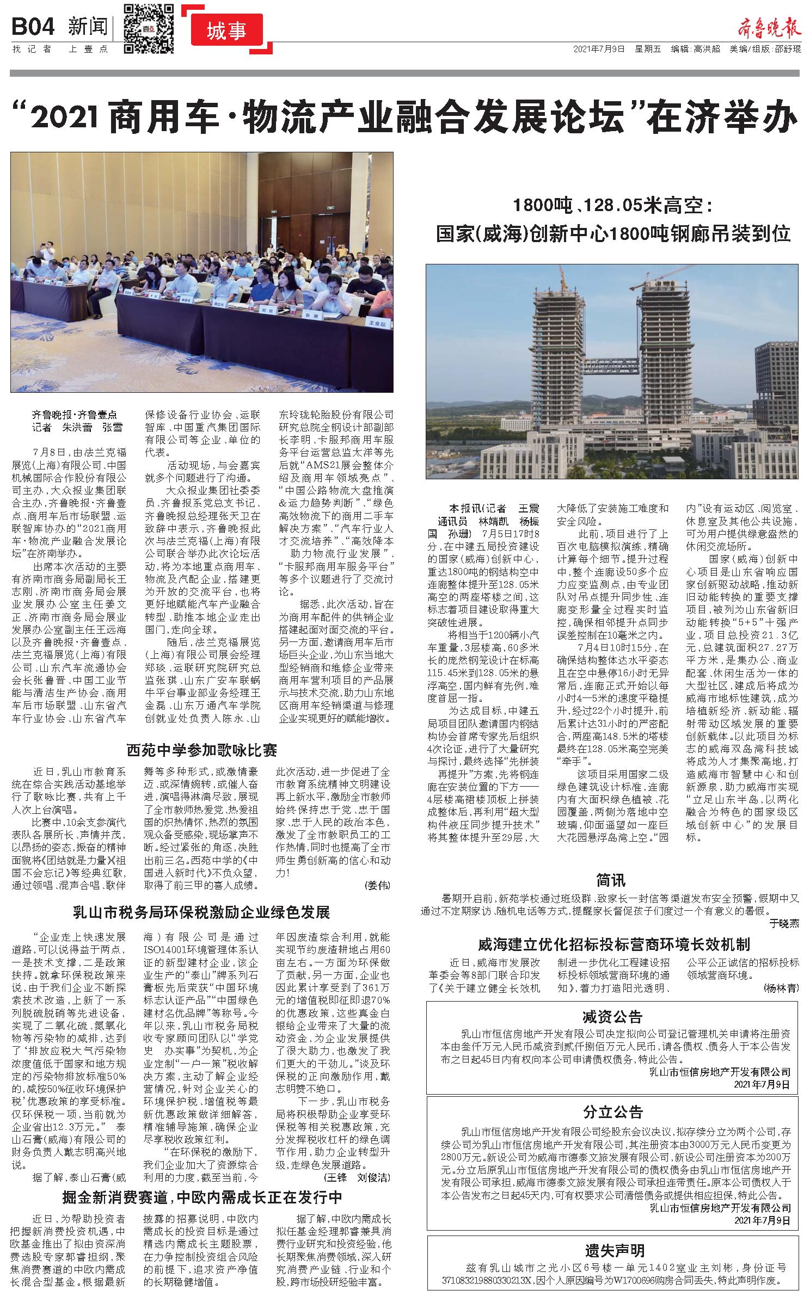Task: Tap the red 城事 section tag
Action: pyautogui.click(x=227, y=32)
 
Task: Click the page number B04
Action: pyautogui.click(x=33, y=26)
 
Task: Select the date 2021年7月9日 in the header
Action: pyautogui.click(x=599, y=49)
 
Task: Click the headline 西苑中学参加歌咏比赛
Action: pyautogui.click(x=202, y=751)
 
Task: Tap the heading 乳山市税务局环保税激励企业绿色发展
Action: pyautogui.click(x=202, y=912)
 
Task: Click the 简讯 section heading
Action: pyautogui.click(x=611, y=880)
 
